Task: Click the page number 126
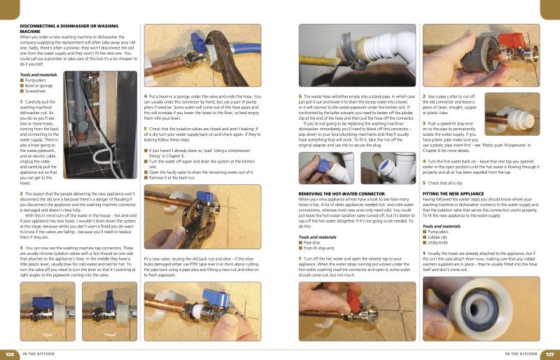[10, 353]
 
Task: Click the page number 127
[549, 353]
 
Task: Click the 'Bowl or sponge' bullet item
[41, 85]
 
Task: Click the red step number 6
[300, 96]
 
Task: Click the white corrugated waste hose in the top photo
[388, 49]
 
